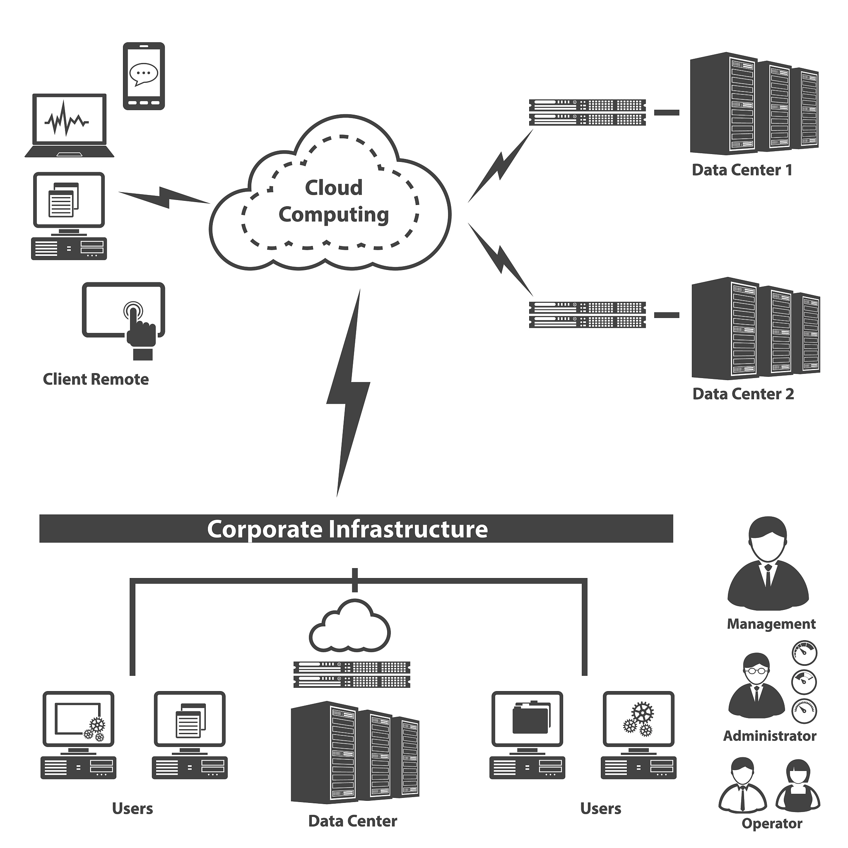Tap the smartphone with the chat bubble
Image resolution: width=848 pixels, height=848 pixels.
144,76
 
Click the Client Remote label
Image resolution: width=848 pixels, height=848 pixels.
96,379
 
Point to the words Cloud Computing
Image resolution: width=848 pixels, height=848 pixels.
334,201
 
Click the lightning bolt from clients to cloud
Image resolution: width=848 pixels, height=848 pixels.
165,197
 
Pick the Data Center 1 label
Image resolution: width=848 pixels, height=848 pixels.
742,170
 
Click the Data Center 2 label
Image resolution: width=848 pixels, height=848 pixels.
743,394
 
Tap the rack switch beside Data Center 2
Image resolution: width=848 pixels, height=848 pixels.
587,315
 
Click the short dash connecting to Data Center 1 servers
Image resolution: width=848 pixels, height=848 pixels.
666,113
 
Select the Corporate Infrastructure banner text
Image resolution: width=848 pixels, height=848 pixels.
347,529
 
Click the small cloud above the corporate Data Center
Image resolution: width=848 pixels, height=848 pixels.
350,626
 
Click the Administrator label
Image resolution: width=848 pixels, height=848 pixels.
769,736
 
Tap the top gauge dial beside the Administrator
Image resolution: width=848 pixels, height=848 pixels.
804,653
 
